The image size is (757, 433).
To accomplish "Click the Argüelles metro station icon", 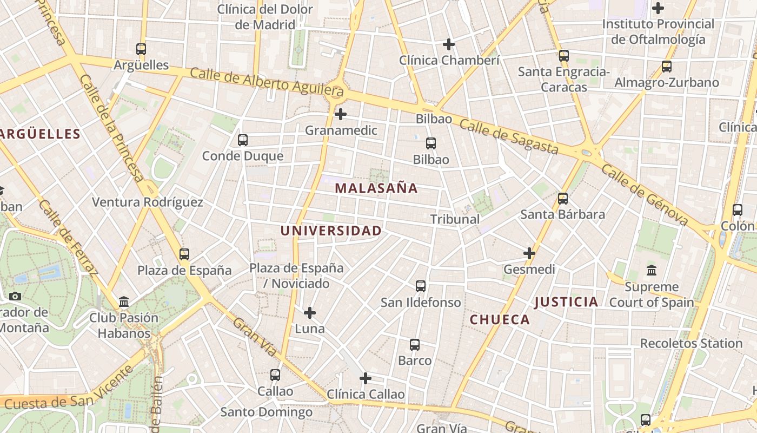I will [x=141, y=49].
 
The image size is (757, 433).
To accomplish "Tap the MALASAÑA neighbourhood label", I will [x=376, y=188].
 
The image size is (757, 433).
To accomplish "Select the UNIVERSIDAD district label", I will [x=331, y=231].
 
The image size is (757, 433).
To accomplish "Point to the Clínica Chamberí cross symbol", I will [x=449, y=44].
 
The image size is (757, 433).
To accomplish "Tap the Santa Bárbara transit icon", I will [x=563, y=199].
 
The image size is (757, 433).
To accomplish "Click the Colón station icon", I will [x=738, y=210].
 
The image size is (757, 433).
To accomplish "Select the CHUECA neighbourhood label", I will [x=500, y=319].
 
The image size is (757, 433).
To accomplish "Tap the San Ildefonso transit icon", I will [x=421, y=286].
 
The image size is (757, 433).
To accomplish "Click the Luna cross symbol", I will [x=310, y=313].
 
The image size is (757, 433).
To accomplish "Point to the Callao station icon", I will [x=275, y=375].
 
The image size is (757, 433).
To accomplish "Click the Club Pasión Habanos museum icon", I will [x=124, y=301].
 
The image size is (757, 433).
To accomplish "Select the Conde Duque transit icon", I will [x=243, y=140].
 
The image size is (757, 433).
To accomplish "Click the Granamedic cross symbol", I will [x=341, y=114].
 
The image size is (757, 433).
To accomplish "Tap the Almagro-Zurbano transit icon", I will [x=667, y=67].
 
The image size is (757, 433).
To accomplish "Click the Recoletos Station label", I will [x=691, y=343].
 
